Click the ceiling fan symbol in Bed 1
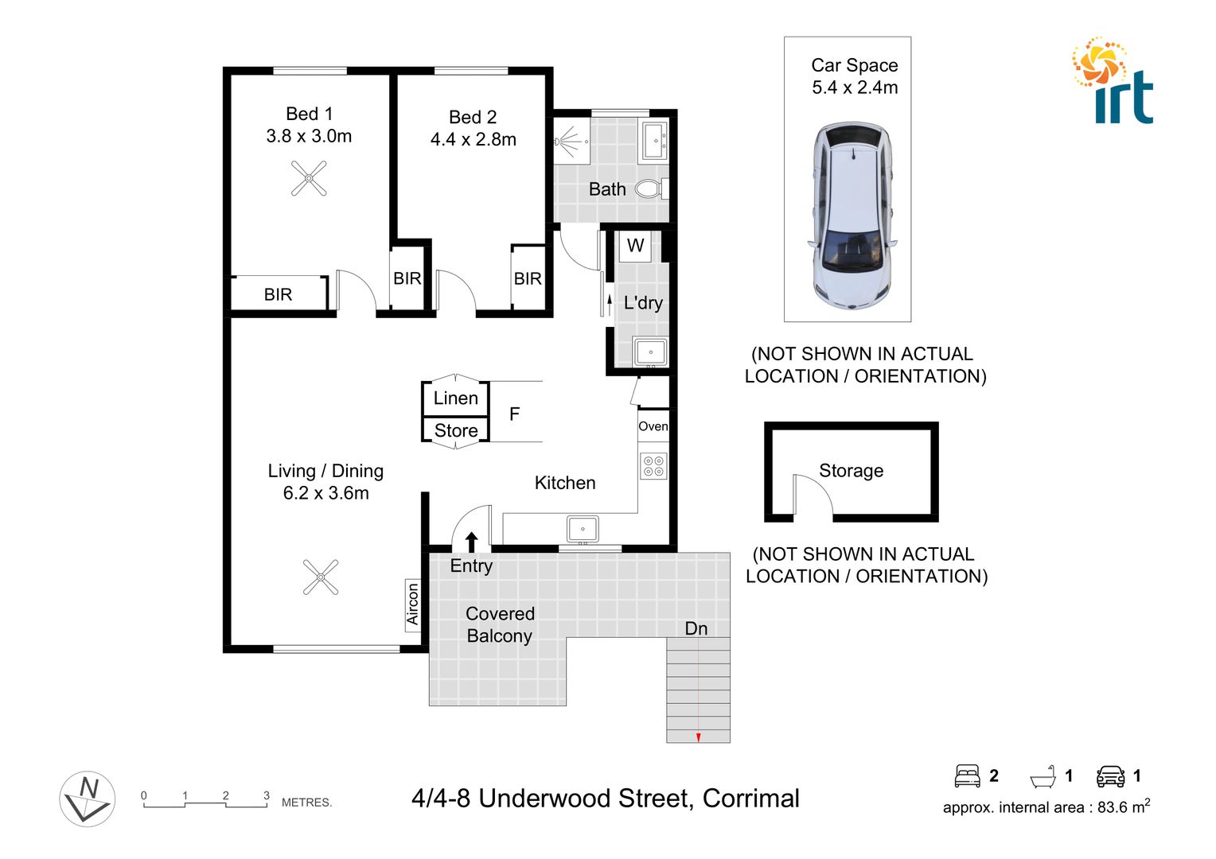309,178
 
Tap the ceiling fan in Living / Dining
321,577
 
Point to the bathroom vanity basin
655,141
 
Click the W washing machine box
635,246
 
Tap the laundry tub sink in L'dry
650,352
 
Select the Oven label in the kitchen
653,426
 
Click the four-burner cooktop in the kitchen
654,466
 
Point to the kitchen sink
583,529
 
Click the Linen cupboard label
456,398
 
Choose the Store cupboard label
456,431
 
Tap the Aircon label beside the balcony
412,604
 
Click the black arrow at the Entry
471,542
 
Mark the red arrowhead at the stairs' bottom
698,738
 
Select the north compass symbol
88,799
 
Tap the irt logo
1113,81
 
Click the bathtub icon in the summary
1043,776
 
